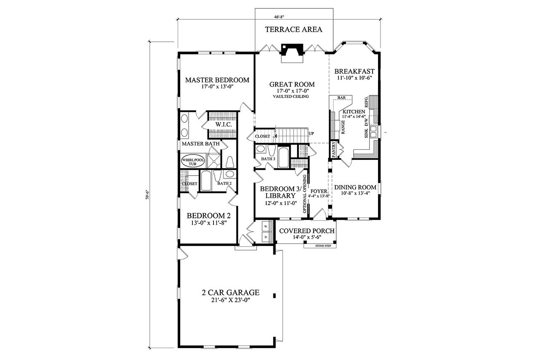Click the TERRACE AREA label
[293, 30]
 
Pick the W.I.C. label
[222, 125]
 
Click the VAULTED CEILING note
[291, 97]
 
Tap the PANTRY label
[333, 150]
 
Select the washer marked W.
[266, 226]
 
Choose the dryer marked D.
[266, 237]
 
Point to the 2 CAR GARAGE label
[230, 292]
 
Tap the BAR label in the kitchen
[341, 98]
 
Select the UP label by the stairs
[311, 133]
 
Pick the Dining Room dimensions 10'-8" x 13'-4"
[355, 194]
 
